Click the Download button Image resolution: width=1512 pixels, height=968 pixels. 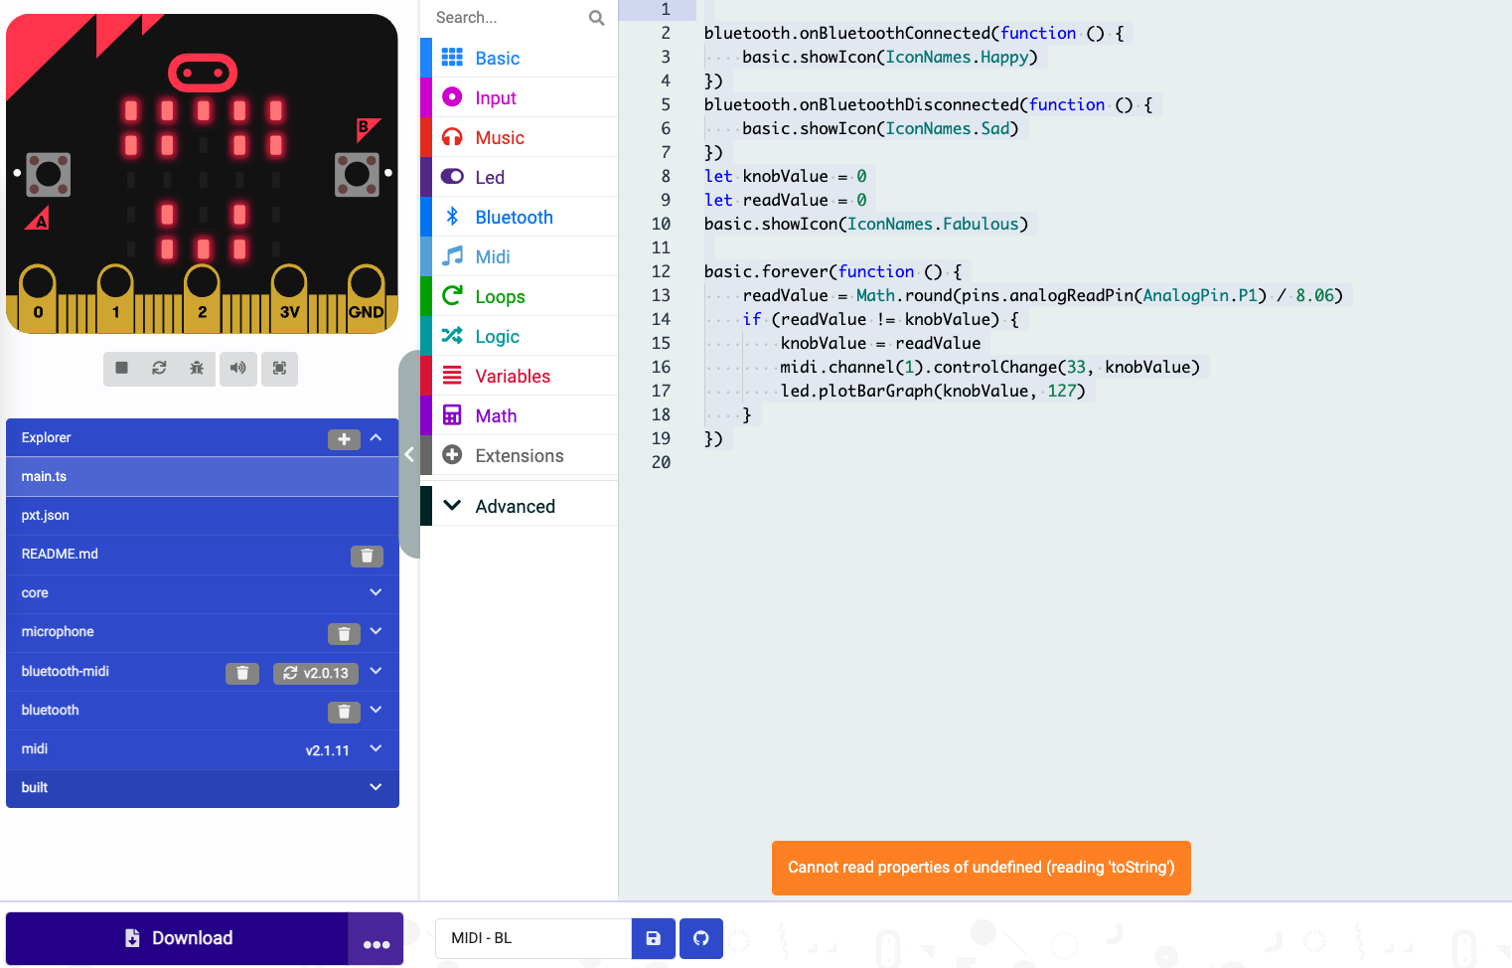click(178, 938)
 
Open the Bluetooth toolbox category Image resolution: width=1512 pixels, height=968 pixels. click(513, 217)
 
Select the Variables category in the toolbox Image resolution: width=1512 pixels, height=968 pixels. click(512, 376)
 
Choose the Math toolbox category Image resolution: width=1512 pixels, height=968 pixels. click(495, 415)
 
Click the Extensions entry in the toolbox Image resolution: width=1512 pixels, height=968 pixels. click(519, 455)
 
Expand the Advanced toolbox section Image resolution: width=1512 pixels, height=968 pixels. click(514, 506)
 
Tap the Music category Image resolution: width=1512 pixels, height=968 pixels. click(499, 137)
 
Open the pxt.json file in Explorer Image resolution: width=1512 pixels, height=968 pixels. click(46, 515)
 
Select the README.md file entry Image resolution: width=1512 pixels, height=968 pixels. click(60, 554)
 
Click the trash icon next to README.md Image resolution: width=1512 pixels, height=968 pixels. click(367, 556)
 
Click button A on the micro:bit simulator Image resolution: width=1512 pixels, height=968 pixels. click(48, 175)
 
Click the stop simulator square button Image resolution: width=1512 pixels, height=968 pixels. click(121, 368)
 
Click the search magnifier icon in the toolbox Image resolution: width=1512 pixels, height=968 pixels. click(596, 18)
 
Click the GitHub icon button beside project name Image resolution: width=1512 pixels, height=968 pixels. click(701, 938)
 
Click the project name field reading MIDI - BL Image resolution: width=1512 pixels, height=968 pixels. click(532, 938)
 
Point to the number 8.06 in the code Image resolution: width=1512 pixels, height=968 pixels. click(1317, 295)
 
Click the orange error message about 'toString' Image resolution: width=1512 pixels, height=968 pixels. click(981, 868)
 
